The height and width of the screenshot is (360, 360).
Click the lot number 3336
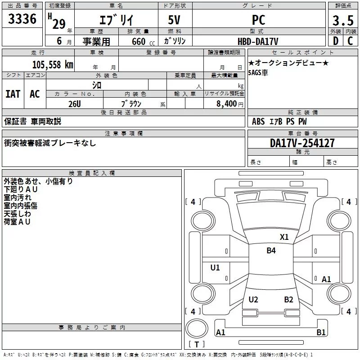22,19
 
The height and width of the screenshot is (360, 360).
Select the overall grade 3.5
343,20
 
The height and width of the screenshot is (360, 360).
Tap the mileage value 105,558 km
53,65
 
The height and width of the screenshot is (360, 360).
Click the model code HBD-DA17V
258,41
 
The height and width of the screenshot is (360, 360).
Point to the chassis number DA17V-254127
302,143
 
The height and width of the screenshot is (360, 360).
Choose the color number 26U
75,104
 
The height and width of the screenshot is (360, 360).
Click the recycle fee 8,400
226,103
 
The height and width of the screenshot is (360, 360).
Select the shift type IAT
13,94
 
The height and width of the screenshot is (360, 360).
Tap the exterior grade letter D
336,41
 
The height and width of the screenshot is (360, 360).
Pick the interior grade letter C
350,41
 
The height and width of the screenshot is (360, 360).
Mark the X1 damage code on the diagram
284,237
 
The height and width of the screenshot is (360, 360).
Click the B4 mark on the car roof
271,251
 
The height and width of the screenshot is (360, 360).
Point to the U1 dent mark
215,267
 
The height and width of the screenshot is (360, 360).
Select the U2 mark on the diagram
253,300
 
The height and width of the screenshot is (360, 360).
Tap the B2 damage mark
288,300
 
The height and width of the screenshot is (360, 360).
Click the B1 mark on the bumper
321,332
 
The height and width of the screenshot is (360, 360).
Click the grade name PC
259,20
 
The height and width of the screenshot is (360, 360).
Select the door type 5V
174,20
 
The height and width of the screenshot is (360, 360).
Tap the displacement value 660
139,41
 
